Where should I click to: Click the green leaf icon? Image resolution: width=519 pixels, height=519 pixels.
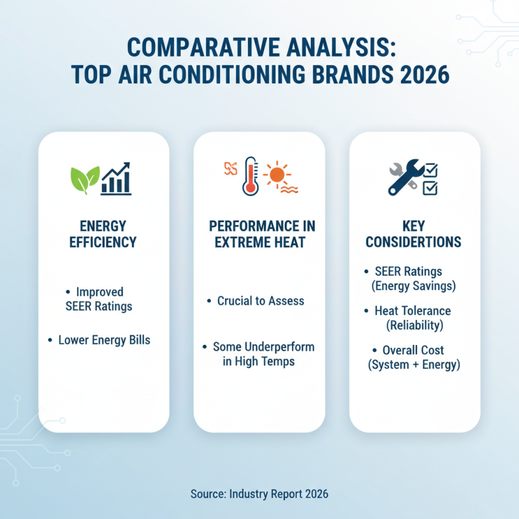click(85, 178)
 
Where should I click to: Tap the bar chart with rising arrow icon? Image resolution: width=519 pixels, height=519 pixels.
click(117, 178)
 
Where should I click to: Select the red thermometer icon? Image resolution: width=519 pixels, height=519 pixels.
click(250, 175)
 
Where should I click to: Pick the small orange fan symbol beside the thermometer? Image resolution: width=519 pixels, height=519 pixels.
click(230, 168)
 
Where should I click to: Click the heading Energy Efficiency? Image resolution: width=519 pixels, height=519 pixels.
click(104, 234)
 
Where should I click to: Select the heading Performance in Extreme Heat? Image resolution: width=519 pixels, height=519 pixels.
click(259, 234)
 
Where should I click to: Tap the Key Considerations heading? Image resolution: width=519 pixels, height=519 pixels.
click(414, 234)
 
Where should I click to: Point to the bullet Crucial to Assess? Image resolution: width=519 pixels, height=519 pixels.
click(260, 301)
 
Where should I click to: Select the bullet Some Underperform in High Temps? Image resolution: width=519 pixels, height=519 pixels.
click(260, 354)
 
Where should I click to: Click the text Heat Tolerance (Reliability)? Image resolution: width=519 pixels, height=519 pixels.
click(414, 318)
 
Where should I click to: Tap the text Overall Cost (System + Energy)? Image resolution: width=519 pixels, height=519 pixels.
click(414, 357)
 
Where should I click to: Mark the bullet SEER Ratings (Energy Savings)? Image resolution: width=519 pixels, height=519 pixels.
click(414, 278)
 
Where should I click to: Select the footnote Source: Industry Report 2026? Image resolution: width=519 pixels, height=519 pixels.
click(259, 494)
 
